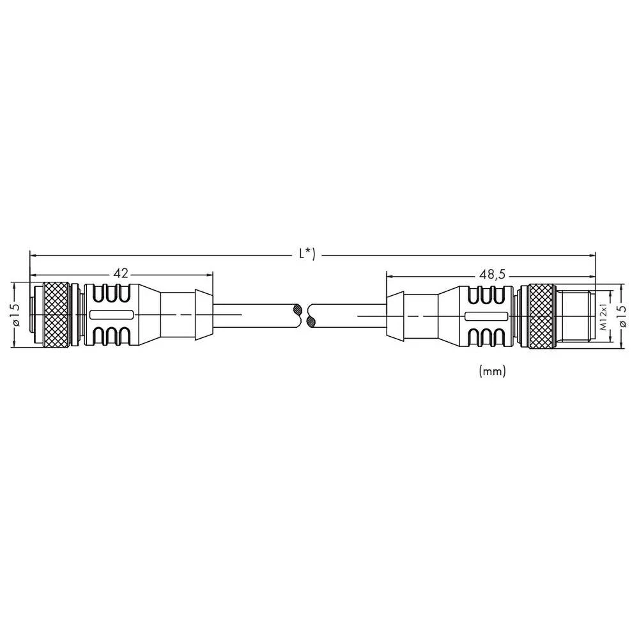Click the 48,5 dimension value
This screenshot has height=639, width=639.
pos(492,274)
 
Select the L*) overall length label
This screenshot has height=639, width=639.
pos(307,254)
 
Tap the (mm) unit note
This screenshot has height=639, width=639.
pos(492,371)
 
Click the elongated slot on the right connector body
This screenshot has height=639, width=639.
pos(485,316)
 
